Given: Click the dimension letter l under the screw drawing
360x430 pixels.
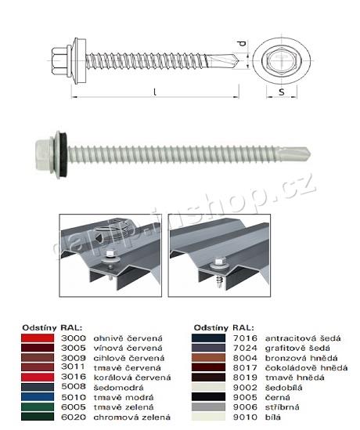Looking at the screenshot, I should tap(154, 92).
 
